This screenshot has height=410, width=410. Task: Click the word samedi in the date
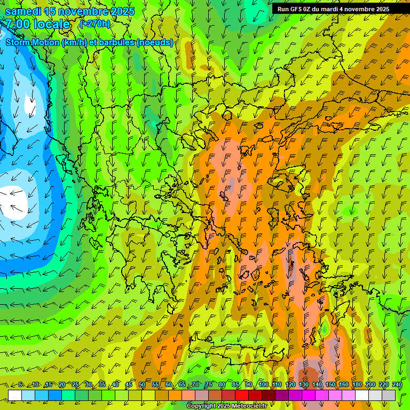pos(24,11)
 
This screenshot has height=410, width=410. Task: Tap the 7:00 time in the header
pos(18,23)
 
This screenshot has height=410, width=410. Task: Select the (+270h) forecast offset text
pos(95,23)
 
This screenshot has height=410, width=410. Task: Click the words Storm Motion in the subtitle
pos(33,42)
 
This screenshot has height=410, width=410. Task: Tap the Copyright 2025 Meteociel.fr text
pos(226,406)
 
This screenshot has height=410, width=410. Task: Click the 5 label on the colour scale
pos(20,385)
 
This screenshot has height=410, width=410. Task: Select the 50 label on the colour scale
pos(142,385)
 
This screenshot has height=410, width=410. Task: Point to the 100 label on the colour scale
pos(263,385)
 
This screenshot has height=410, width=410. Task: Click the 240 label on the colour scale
pos(397,385)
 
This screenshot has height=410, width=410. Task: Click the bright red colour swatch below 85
pos(241,395)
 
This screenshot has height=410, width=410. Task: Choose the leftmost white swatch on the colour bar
pos(15,395)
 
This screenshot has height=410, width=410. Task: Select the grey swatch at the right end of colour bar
pos(389,395)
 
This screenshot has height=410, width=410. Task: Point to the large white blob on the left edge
pos(13,203)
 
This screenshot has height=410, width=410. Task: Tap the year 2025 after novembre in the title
pos(122,11)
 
